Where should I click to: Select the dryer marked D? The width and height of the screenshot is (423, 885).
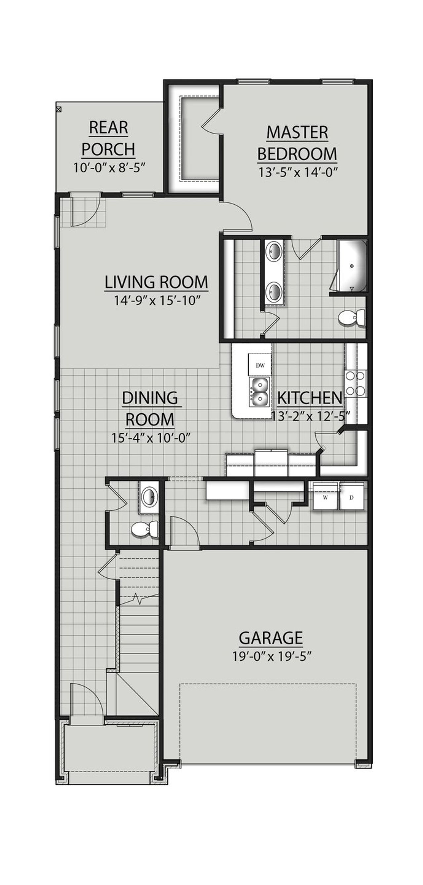coord(351,497)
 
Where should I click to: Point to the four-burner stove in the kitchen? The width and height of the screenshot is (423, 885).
coord(355,383)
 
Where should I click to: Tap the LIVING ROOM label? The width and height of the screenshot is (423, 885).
coord(156,282)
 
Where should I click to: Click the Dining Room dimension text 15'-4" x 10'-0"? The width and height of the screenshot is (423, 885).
coord(150,438)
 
